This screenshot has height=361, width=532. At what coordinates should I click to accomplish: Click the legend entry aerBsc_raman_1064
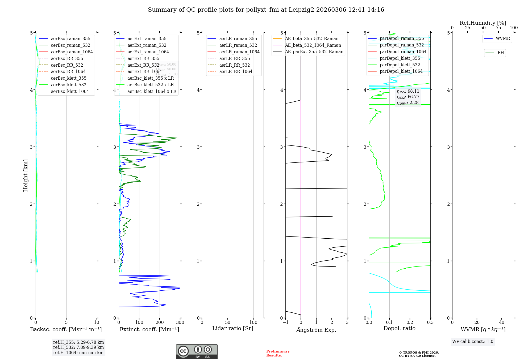pos(72,52)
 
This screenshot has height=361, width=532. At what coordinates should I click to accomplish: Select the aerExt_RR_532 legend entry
pos(143,65)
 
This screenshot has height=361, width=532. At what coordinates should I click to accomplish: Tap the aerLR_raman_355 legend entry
pos(238,38)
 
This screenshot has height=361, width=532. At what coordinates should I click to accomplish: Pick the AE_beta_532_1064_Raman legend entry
pos(313,45)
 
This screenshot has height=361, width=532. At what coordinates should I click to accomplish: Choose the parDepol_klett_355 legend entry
pos(400,58)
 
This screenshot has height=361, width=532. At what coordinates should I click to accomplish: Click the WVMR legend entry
pos(503,38)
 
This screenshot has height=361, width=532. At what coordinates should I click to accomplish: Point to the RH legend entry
pos(501,53)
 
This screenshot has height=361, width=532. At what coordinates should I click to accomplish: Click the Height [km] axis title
pos(26,175)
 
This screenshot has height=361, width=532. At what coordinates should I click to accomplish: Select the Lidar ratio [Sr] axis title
pos(233,329)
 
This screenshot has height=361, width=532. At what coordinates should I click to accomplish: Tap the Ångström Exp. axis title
pos(316,330)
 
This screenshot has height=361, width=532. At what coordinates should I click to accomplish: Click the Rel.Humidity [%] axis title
pos(483,23)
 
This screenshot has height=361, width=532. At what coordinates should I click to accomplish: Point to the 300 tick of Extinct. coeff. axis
pos(180,322)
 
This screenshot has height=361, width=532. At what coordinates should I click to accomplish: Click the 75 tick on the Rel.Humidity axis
pos(498,28)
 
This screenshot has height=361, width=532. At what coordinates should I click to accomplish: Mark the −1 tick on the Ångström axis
pos(285,322)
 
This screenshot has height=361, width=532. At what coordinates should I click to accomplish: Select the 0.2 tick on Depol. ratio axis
pos(410,322)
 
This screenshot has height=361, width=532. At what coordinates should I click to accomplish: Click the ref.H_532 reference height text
pos(78,347)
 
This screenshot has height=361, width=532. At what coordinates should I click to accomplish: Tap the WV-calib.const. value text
pos(473,341)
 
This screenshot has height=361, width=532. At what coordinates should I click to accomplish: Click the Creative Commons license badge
pos(197,351)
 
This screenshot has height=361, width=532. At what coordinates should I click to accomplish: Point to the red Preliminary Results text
pos(278,353)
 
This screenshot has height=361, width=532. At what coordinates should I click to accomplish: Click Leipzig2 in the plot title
pos(301,10)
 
